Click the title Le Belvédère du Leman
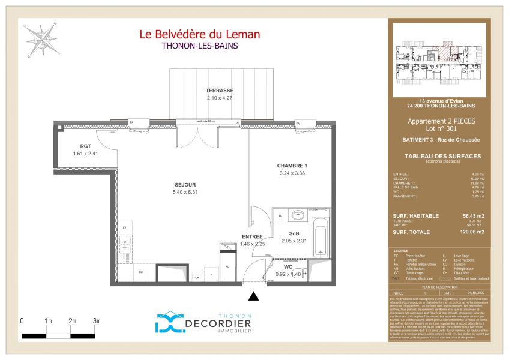point(200,35)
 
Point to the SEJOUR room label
point(168,184)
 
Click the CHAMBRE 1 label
point(292,166)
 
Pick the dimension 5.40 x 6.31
point(168,192)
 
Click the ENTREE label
point(253,237)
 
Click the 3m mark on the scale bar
point(97,322)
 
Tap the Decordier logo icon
point(170,323)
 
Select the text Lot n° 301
point(440,128)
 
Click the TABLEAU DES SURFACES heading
point(440,156)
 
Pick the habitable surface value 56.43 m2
point(473,215)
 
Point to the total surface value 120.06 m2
point(472,231)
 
